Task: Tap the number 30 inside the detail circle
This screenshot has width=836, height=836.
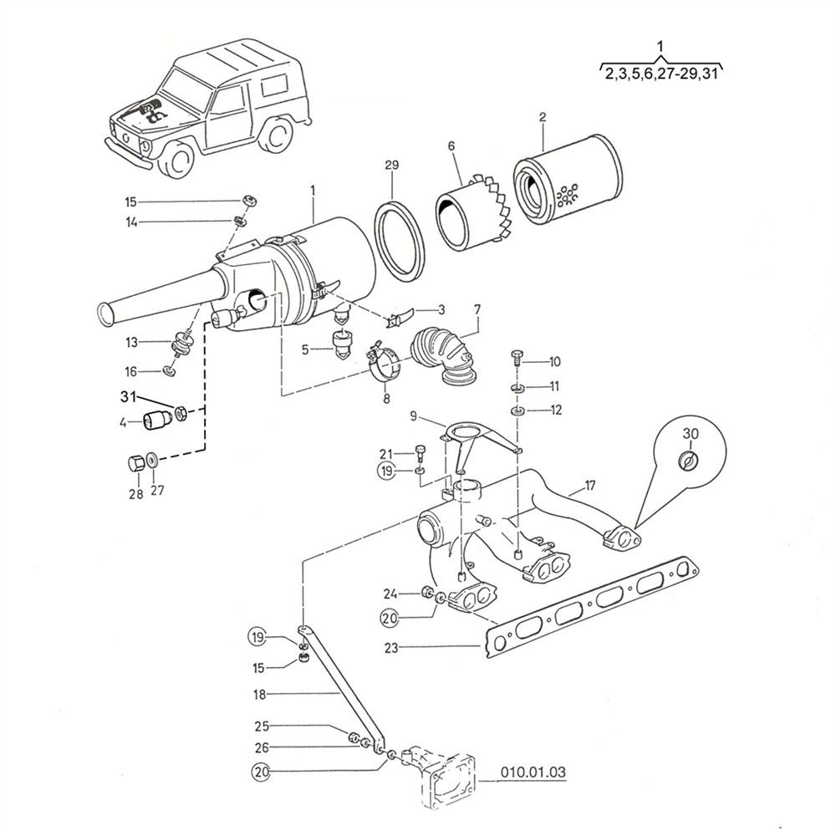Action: point(689,433)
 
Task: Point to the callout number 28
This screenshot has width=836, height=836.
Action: point(135,494)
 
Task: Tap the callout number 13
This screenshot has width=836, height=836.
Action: point(131,342)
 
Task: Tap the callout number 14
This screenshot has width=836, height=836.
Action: point(131,222)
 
